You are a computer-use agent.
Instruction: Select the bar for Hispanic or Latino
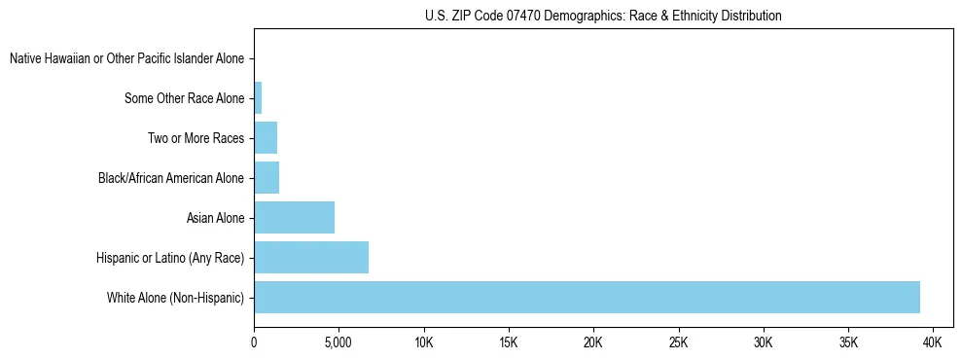point(311,257)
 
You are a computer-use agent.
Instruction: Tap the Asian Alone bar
point(294,217)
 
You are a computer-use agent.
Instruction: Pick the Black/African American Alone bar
point(267,177)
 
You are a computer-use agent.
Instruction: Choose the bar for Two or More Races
point(266,137)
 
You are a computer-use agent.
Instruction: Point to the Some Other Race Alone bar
point(258,97)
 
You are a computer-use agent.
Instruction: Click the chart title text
point(603,16)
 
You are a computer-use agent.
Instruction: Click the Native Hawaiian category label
point(127,58)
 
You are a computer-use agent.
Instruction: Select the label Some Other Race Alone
point(185,98)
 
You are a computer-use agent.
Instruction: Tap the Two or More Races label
point(196,138)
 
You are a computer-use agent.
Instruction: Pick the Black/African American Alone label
point(171,178)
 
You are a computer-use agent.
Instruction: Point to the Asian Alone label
point(215,218)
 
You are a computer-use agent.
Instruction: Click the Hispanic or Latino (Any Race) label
point(170,258)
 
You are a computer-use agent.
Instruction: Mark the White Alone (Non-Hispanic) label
point(175,298)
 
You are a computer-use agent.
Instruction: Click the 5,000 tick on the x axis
point(338,343)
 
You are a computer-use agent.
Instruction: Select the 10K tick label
point(423,343)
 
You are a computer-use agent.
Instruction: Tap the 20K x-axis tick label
point(593,343)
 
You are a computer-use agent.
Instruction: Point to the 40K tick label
point(933,343)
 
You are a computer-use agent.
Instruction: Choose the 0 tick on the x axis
point(254,343)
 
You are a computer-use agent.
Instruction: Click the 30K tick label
point(763,343)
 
